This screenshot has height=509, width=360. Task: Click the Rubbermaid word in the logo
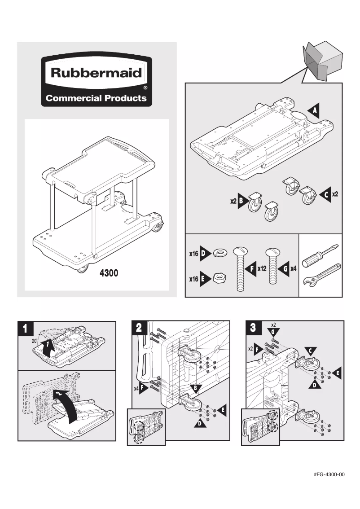[97, 73]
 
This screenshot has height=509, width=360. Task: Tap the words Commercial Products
[97, 98]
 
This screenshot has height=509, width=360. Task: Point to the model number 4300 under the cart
[109, 273]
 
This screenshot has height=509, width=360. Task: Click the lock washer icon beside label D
[221, 254]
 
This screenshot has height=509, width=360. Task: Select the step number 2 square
[139, 328]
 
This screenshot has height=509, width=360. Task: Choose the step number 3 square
[253, 328]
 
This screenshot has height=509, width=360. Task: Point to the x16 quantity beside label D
[193, 254]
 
